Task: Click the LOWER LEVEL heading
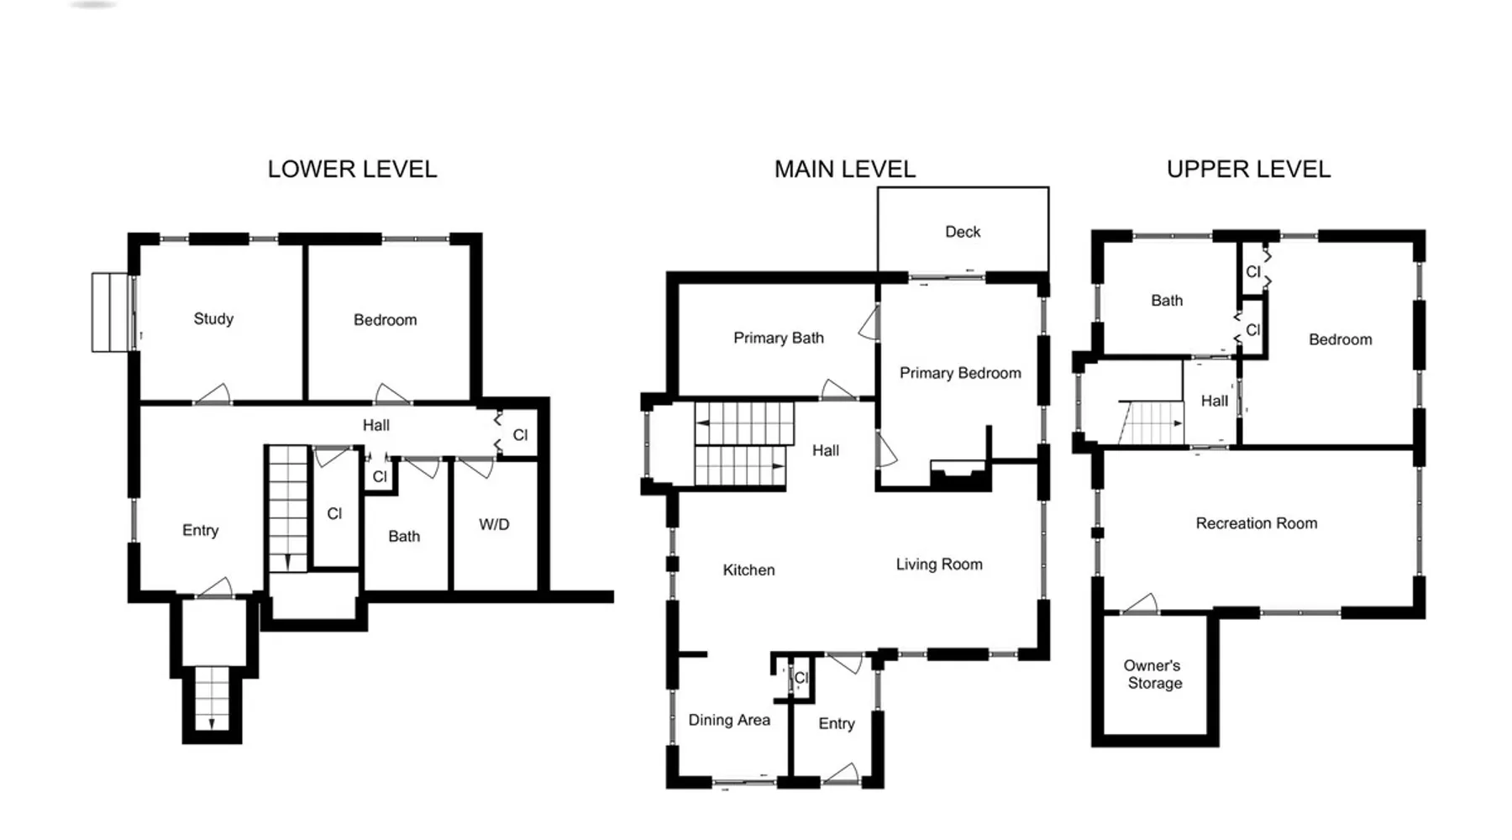pos(352,169)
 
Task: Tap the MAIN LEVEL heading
pos(844,169)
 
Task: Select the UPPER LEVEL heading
pos(1248,169)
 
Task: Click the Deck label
pos(963,232)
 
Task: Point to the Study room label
pos(213,319)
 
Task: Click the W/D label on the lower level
pos(494,524)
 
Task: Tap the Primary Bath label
pos(779,338)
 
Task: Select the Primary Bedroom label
pos(960,373)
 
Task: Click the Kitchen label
pos(748,570)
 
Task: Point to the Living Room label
pos(939,564)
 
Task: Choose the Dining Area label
pos(729,720)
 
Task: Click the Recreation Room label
pos(1257,523)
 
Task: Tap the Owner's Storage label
pos(1153,675)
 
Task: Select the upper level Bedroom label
pos(1341,339)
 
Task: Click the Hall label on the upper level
pos(1214,401)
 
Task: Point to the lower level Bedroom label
pos(385,320)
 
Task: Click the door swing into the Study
pos(214,393)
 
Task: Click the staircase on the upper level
pos(1151,423)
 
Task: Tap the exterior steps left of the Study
pos(113,312)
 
